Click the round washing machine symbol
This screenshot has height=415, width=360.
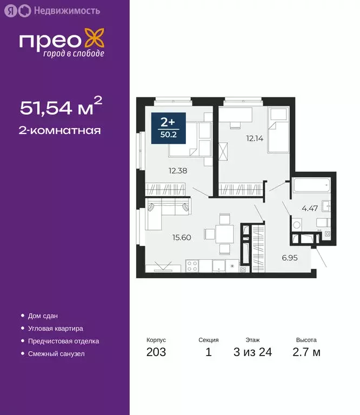point(296,225)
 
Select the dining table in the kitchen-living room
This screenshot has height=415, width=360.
point(224,234)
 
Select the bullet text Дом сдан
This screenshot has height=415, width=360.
point(43,316)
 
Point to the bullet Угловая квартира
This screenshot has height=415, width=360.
point(55,328)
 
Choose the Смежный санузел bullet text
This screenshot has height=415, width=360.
point(56,354)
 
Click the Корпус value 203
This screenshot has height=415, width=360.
point(156,353)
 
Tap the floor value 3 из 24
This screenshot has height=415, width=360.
point(252,353)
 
